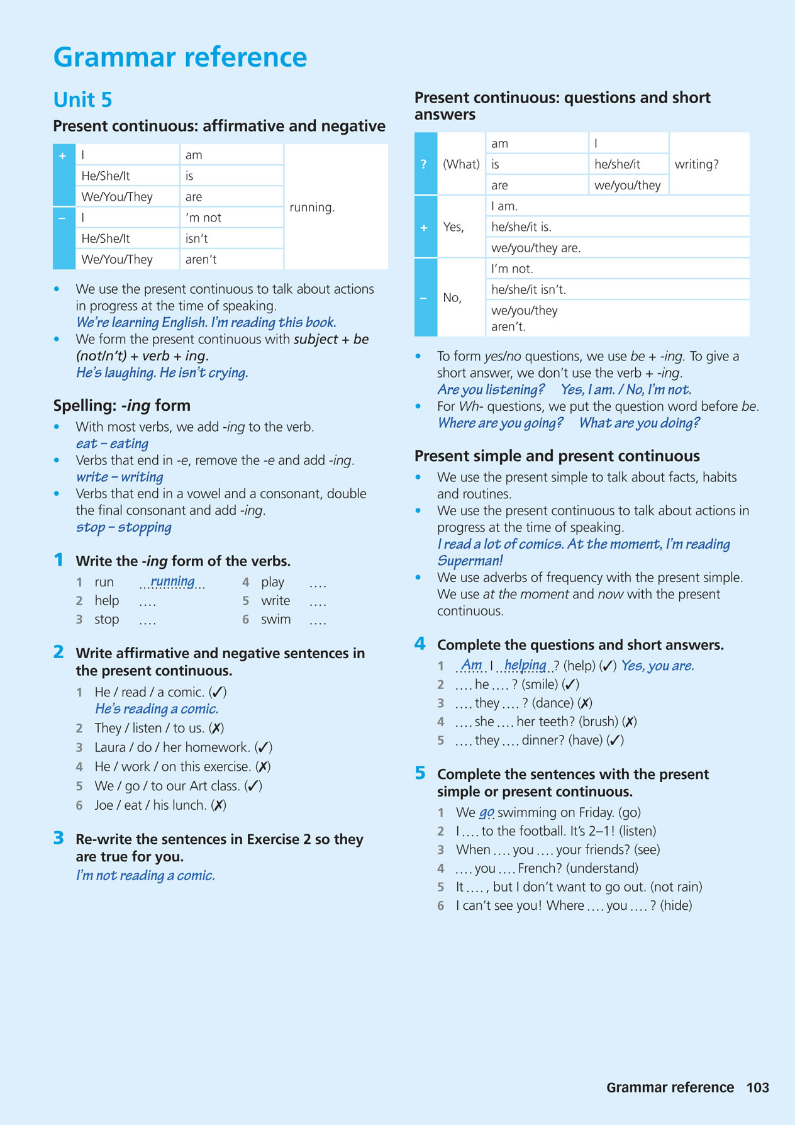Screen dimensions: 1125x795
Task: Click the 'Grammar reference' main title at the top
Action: pos(180,57)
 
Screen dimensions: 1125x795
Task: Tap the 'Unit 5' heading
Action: pos(82,100)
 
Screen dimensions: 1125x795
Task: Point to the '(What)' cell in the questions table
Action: pos(461,164)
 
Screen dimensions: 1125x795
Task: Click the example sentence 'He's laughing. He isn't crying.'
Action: pos(162,372)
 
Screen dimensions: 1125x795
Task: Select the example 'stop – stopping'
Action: pos(123,527)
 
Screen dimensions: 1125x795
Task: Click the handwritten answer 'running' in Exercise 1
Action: pos(172,581)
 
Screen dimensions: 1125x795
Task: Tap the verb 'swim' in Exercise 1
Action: pos(275,619)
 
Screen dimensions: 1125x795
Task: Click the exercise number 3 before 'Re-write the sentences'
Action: pos(58,838)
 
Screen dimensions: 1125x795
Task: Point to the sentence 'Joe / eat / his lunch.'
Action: pos(150,805)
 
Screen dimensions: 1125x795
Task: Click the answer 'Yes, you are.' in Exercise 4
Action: pos(657,666)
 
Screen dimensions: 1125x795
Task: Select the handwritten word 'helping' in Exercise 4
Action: pos(525,665)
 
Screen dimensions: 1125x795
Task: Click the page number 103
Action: pos(757,1087)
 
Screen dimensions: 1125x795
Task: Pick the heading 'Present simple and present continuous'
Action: pos(557,456)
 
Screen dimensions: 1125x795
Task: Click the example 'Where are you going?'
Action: pos(500,423)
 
